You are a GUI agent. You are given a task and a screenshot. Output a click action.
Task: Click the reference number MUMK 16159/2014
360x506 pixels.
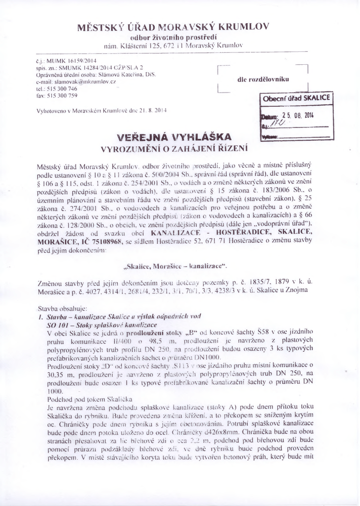point(60,59)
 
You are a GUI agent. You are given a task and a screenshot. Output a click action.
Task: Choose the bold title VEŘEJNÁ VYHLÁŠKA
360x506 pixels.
point(174,137)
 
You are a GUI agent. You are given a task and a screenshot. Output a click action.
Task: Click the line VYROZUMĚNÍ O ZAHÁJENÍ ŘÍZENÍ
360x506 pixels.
point(174,148)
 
